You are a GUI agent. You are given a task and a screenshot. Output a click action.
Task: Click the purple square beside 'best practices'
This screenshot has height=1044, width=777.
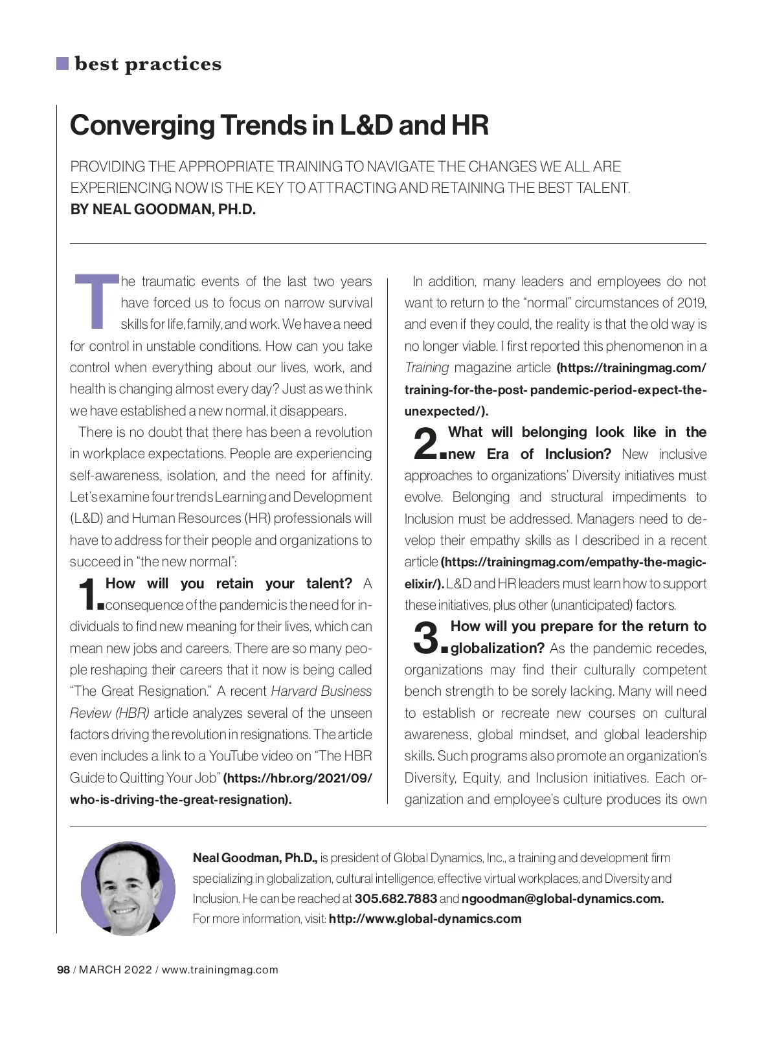(x=62, y=63)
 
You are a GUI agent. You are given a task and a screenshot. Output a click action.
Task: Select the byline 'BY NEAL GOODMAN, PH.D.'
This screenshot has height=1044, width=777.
(x=163, y=210)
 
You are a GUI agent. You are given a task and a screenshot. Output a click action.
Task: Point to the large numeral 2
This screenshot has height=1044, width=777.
(x=425, y=443)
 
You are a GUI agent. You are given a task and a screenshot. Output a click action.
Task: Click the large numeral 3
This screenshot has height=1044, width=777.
(x=425, y=637)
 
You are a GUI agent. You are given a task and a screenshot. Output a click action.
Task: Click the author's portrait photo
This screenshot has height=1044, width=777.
(x=128, y=888)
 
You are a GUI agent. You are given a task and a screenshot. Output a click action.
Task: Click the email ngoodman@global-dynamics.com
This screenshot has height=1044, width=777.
(x=562, y=898)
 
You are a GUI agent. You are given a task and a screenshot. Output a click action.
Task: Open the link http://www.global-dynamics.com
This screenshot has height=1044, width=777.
(x=425, y=918)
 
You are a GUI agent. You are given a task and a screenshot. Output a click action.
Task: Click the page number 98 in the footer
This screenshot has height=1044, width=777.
(x=63, y=970)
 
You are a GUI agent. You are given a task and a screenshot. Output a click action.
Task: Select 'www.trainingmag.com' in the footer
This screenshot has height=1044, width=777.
(x=220, y=970)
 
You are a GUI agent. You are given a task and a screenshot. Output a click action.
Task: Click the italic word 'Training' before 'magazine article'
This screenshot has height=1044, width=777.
(x=427, y=368)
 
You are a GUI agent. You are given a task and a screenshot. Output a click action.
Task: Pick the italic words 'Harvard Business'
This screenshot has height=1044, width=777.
(x=321, y=691)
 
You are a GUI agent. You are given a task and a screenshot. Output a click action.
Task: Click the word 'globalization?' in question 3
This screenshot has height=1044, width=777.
(x=497, y=648)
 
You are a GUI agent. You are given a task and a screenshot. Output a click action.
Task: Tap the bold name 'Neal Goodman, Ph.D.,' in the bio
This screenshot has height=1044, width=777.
(x=255, y=858)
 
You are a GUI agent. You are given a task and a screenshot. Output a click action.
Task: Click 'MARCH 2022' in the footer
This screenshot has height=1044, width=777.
(x=116, y=970)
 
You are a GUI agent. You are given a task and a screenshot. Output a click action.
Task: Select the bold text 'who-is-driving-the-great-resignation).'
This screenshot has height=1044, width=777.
(x=181, y=799)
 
